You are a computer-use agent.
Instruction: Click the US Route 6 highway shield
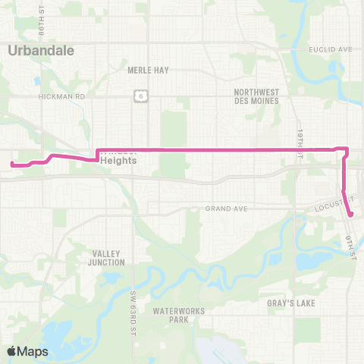pyautogui.click(x=140, y=94)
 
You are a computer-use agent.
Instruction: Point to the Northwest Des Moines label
pyautogui.click(x=257, y=96)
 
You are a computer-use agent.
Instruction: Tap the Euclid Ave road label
pyautogui.click(x=331, y=49)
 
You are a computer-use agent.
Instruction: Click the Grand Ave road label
pyautogui.click(x=221, y=209)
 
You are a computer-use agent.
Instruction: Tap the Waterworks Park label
pyautogui.click(x=169, y=315)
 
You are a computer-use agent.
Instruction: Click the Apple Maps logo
pyautogui.click(x=27, y=351)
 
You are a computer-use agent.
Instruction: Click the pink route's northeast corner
pyautogui.click(x=347, y=149)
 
